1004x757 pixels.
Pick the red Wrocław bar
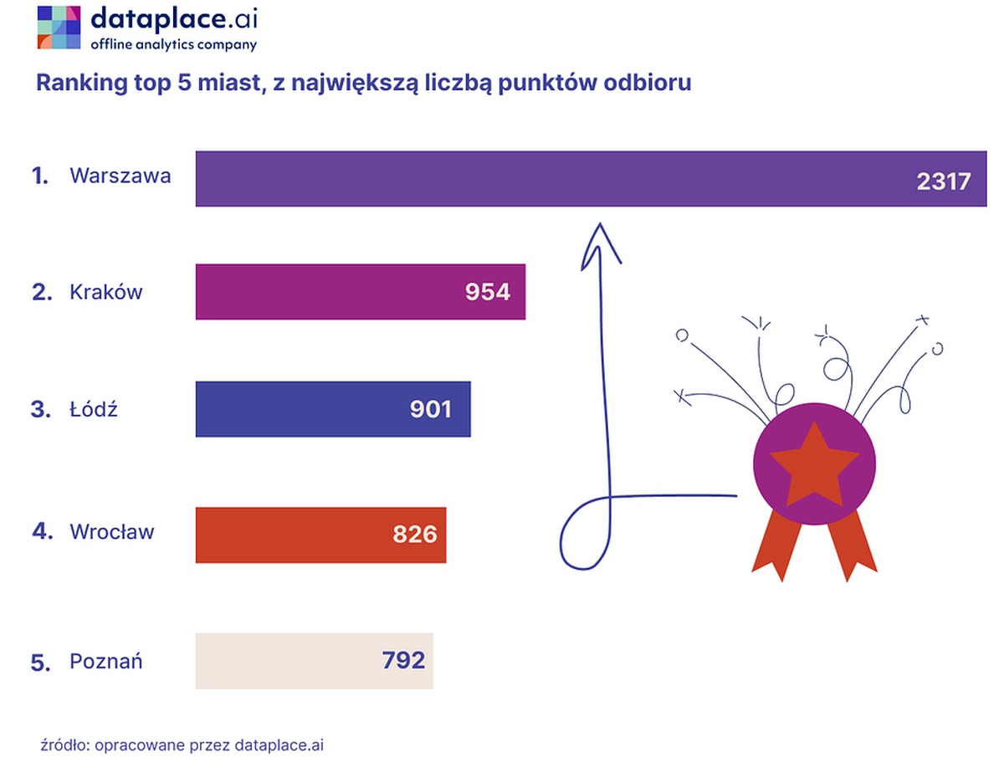[x=293, y=535]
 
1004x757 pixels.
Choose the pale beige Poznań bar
[x=284, y=661]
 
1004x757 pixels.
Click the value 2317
[x=943, y=181]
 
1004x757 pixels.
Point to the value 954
[x=488, y=292]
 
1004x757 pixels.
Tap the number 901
[x=431, y=409]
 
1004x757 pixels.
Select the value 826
[x=415, y=534]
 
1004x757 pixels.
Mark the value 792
[x=403, y=661]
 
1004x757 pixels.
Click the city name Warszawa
[x=120, y=176]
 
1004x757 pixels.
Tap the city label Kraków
[x=106, y=292]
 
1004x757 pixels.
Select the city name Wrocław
[x=112, y=532]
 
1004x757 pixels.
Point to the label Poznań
[x=106, y=662]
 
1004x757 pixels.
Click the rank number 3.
[x=38, y=410]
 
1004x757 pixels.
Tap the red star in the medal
[x=814, y=464]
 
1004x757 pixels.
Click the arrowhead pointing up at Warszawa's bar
[x=600, y=243]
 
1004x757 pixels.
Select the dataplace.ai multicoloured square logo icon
[x=59, y=27]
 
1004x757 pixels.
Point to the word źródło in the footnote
[x=63, y=744]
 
